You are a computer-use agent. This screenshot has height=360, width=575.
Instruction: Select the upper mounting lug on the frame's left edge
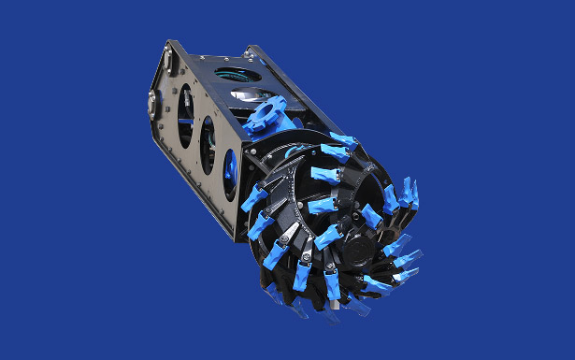pos(167,60)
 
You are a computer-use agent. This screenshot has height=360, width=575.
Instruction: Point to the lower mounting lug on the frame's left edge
pos(151,104)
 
